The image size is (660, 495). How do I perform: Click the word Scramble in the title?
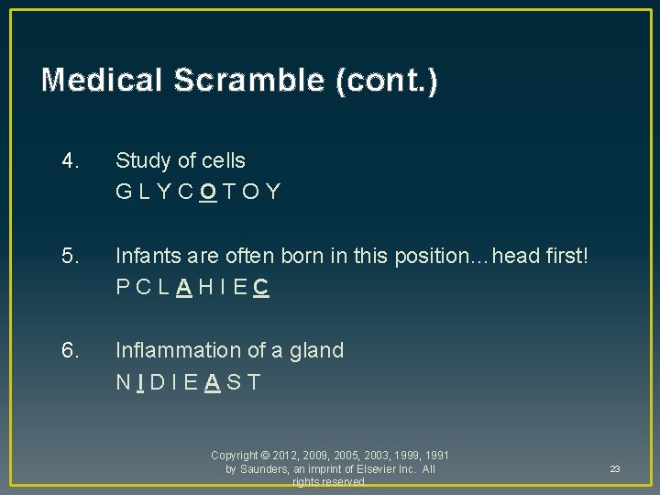tap(253, 81)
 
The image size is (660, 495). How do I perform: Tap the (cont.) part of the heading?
tap(386, 81)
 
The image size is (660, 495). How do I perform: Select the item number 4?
tap(71, 160)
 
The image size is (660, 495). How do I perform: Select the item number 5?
tap(71, 256)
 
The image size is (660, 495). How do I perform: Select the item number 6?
tap(71, 350)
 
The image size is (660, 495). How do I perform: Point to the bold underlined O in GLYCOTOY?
tap(208, 192)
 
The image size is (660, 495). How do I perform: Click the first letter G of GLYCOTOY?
tap(124, 192)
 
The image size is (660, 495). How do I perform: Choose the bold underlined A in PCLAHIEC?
tap(184, 288)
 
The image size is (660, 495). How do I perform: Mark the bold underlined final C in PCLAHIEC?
tap(261, 288)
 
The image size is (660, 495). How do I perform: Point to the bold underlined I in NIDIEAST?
tap(138, 382)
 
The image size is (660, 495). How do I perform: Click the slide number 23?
tap(615, 469)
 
